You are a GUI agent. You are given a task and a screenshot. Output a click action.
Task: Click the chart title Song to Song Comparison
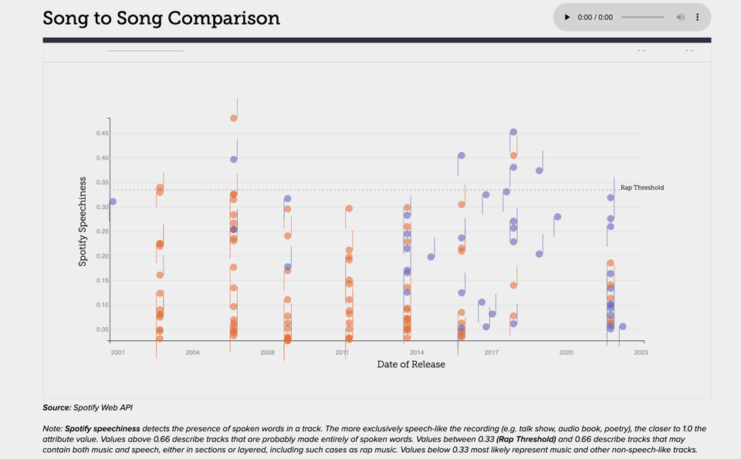(x=161, y=18)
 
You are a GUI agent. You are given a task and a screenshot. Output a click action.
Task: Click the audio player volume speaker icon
(x=680, y=17)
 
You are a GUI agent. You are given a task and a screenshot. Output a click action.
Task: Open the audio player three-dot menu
(x=697, y=17)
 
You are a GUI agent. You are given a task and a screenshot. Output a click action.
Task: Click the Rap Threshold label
(x=642, y=187)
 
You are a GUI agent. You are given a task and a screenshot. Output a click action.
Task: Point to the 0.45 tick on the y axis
(x=103, y=133)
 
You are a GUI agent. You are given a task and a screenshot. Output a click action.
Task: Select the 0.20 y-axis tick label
(x=103, y=256)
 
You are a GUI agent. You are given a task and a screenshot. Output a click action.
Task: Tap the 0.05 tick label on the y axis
(x=103, y=329)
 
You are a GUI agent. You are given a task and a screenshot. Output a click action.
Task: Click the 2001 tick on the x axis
(x=117, y=353)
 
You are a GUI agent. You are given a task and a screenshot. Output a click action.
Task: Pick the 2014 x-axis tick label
(x=417, y=353)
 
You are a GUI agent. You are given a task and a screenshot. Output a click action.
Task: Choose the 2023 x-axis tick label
(x=641, y=353)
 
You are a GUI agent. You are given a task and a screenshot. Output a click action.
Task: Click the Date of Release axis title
(x=411, y=364)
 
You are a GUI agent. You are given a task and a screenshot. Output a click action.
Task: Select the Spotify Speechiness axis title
(x=83, y=221)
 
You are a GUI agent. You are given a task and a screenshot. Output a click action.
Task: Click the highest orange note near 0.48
(x=233, y=118)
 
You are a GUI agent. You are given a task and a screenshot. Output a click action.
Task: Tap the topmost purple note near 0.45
(x=513, y=133)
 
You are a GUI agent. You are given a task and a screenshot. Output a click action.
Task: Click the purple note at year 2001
(x=113, y=202)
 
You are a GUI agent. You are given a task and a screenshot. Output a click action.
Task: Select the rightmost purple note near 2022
(x=623, y=327)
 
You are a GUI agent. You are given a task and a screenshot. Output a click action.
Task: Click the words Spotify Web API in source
(x=105, y=407)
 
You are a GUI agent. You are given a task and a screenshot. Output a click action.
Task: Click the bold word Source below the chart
(x=56, y=407)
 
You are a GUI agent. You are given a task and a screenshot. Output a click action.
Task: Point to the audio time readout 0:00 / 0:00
(x=595, y=17)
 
